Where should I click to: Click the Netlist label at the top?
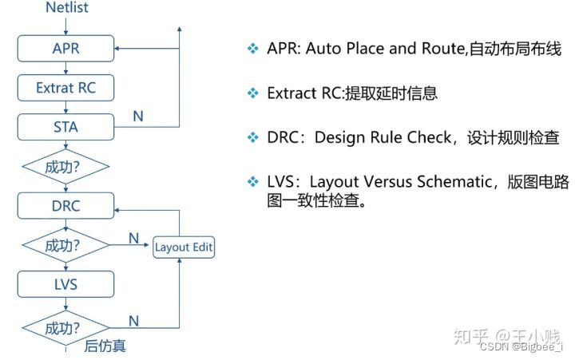[x=66, y=8]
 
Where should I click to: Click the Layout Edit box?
[x=184, y=247]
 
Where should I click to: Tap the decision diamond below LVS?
[x=65, y=326]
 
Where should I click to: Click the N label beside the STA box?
[x=138, y=117]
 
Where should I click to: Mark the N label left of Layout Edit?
[x=133, y=239]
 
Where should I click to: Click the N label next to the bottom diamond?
[x=133, y=320]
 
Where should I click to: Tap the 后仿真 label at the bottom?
[x=105, y=346]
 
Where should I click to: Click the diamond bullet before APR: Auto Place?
[x=253, y=49]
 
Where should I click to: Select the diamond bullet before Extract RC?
[x=253, y=93]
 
